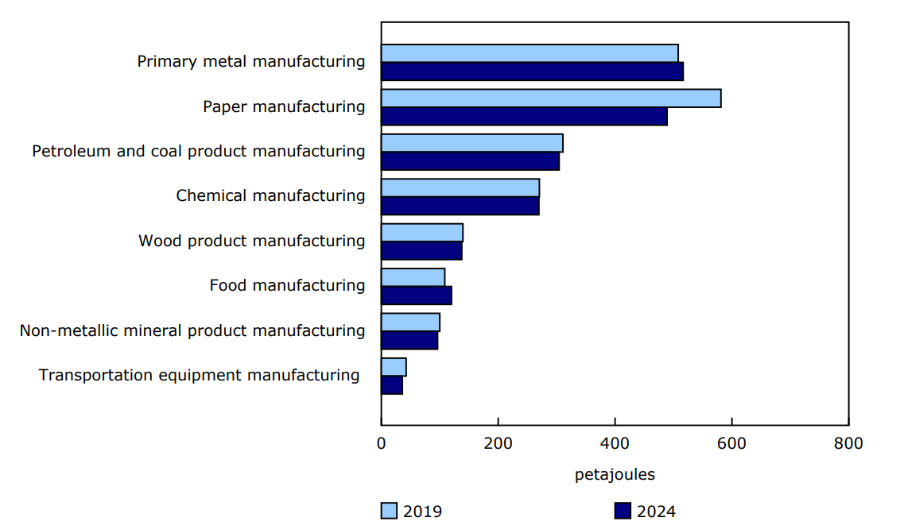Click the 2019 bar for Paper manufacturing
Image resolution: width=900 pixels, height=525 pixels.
pyautogui.click(x=551, y=98)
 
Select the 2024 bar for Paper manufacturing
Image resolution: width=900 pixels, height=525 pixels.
pyautogui.click(x=524, y=117)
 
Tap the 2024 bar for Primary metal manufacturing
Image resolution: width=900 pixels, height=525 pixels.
pyautogui.click(x=532, y=71)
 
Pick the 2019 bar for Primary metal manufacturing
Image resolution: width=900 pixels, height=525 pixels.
pyautogui.click(x=530, y=53)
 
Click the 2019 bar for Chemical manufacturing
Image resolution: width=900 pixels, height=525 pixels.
pyautogui.click(x=460, y=188)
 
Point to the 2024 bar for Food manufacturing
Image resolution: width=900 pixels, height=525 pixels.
pyautogui.click(x=417, y=295)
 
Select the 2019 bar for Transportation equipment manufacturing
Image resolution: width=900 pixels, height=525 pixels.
pyautogui.click(x=394, y=367)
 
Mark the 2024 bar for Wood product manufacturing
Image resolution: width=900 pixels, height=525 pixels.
pyautogui.click(x=421, y=251)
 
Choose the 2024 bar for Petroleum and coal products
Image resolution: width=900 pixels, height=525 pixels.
pyautogui.click(x=470, y=161)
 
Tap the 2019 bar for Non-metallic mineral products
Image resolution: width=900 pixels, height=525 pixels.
pyautogui.click(x=410, y=322)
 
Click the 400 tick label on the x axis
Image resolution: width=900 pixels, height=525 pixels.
pyautogui.click(x=615, y=443)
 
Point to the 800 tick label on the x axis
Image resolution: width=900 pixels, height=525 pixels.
pyautogui.click(x=848, y=443)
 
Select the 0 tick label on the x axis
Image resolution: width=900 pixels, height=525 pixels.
pyautogui.click(x=382, y=443)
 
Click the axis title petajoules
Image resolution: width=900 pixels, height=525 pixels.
pyautogui.click(x=615, y=475)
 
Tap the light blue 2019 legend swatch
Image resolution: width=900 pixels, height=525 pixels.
pyautogui.click(x=389, y=511)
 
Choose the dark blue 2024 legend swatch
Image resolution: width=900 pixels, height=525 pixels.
pyautogui.click(x=623, y=511)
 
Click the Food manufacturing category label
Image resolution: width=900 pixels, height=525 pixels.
pyautogui.click(x=287, y=285)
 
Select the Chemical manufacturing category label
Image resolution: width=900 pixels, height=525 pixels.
pyautogui.click(x=270, y=195)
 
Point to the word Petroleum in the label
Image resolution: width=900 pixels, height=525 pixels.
pyautogui.click(x=72, y=151)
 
